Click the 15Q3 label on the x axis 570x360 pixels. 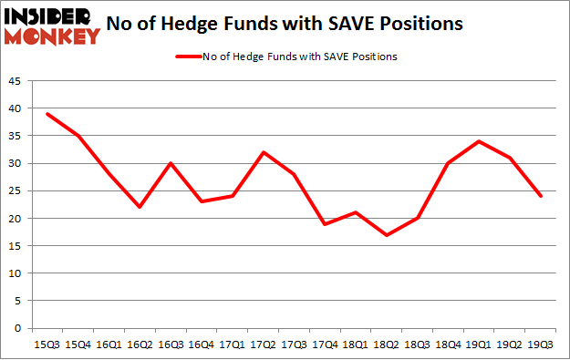(47, 345)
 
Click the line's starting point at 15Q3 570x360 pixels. (47, 114)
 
